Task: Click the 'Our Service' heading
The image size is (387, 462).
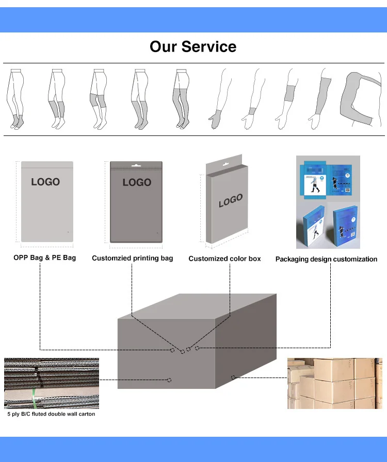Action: [193, 47]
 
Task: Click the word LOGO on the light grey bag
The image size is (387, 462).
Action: [45, 182]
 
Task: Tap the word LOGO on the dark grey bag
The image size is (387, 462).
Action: [137, 182]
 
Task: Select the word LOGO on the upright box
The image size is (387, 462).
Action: [231, 201]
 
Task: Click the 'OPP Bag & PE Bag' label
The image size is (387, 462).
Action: [44, 258]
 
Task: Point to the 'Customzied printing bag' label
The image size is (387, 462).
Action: [133, 258]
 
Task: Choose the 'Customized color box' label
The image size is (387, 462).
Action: [224, 259]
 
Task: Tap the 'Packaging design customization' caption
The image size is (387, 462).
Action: [326, 259]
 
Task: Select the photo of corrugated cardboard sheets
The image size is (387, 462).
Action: [51, 383]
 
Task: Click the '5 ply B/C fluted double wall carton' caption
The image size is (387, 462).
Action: [51, 414]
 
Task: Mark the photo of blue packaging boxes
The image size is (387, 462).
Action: [328, 202]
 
